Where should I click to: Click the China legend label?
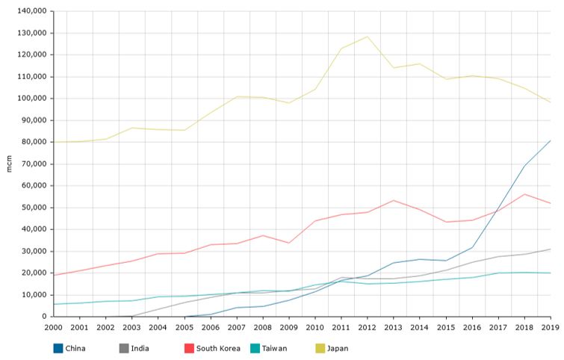coord(75,348)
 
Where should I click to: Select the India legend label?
coord(140,348)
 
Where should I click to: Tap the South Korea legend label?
coord(220,348)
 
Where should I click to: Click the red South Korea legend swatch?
coord(189,348)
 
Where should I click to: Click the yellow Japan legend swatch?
coord(320,348)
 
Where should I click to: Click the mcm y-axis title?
coord(8,164)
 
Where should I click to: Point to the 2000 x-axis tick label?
coord(54,327)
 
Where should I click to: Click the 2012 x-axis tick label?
coord(368,327)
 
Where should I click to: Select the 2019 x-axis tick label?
coord(551,327)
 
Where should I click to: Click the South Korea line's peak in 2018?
coord(524,194)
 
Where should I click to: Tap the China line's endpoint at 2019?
coord(551,140)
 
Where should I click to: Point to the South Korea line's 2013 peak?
coord(394,200)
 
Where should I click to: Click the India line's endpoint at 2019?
coord(551,249)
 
